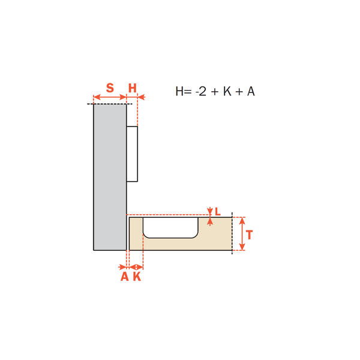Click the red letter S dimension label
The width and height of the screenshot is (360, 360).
click(x=110, y=88)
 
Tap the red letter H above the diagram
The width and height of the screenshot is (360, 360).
click(x=133, y=88)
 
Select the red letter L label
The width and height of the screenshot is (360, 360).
click(x=218, y=211)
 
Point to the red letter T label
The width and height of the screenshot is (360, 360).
click(x=250, y=235)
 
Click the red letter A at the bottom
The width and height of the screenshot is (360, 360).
click(x=125, y=277)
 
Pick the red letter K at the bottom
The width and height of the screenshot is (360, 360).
click(x=137, y=277)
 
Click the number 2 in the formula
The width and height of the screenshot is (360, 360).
click(x=202, y=91)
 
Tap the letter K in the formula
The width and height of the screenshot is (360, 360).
click(x=227, y=91)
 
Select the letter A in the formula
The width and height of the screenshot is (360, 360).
click(x=251, y=91)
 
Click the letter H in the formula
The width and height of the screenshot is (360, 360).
click(x=179, y=91)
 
